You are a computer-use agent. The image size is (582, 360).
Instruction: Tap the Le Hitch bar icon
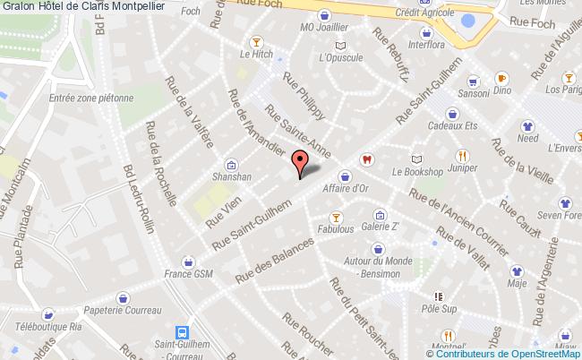[257, 40]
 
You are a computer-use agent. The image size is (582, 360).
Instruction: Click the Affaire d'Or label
[345, 188]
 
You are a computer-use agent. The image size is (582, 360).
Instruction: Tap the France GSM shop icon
[188, 261]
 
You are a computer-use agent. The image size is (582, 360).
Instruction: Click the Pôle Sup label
[438, 308]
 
